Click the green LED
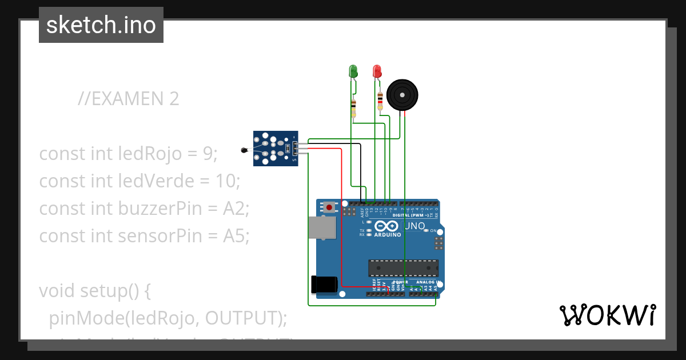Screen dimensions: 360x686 click(x=353, y=71)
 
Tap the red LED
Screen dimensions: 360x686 click(x=377, y=71)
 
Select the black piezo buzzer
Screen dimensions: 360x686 click(x=402, y=94)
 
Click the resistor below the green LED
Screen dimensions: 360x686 click(x=353, y=107)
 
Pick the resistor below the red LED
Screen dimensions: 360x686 click(x=380, y=102)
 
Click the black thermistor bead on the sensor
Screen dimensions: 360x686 click(x=245, y=151)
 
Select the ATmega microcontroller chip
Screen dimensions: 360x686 click(x=403, y=268)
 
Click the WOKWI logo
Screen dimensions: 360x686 click(x=607, y=315)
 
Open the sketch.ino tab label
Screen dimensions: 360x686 click(x=101, y=25)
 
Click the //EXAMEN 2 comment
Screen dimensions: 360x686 click(x=129, y=99)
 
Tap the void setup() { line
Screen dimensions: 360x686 click(x=94, y=291)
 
